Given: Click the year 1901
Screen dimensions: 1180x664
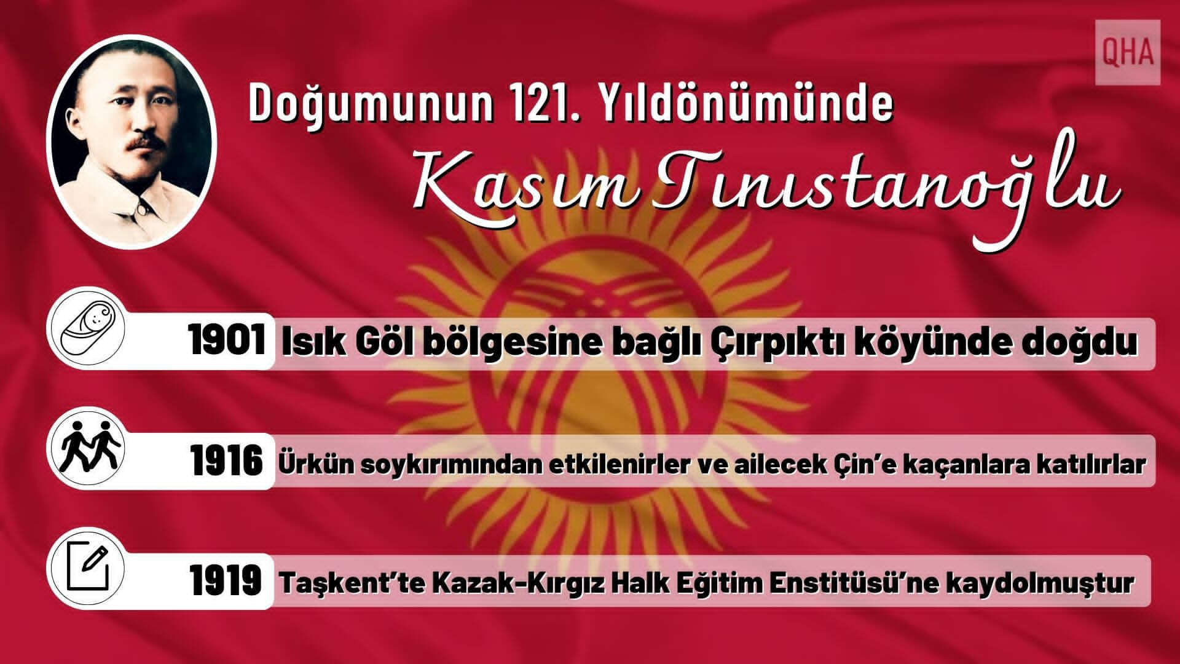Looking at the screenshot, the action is point(227,341).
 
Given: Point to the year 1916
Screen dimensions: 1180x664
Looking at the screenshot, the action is point(226,462).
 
